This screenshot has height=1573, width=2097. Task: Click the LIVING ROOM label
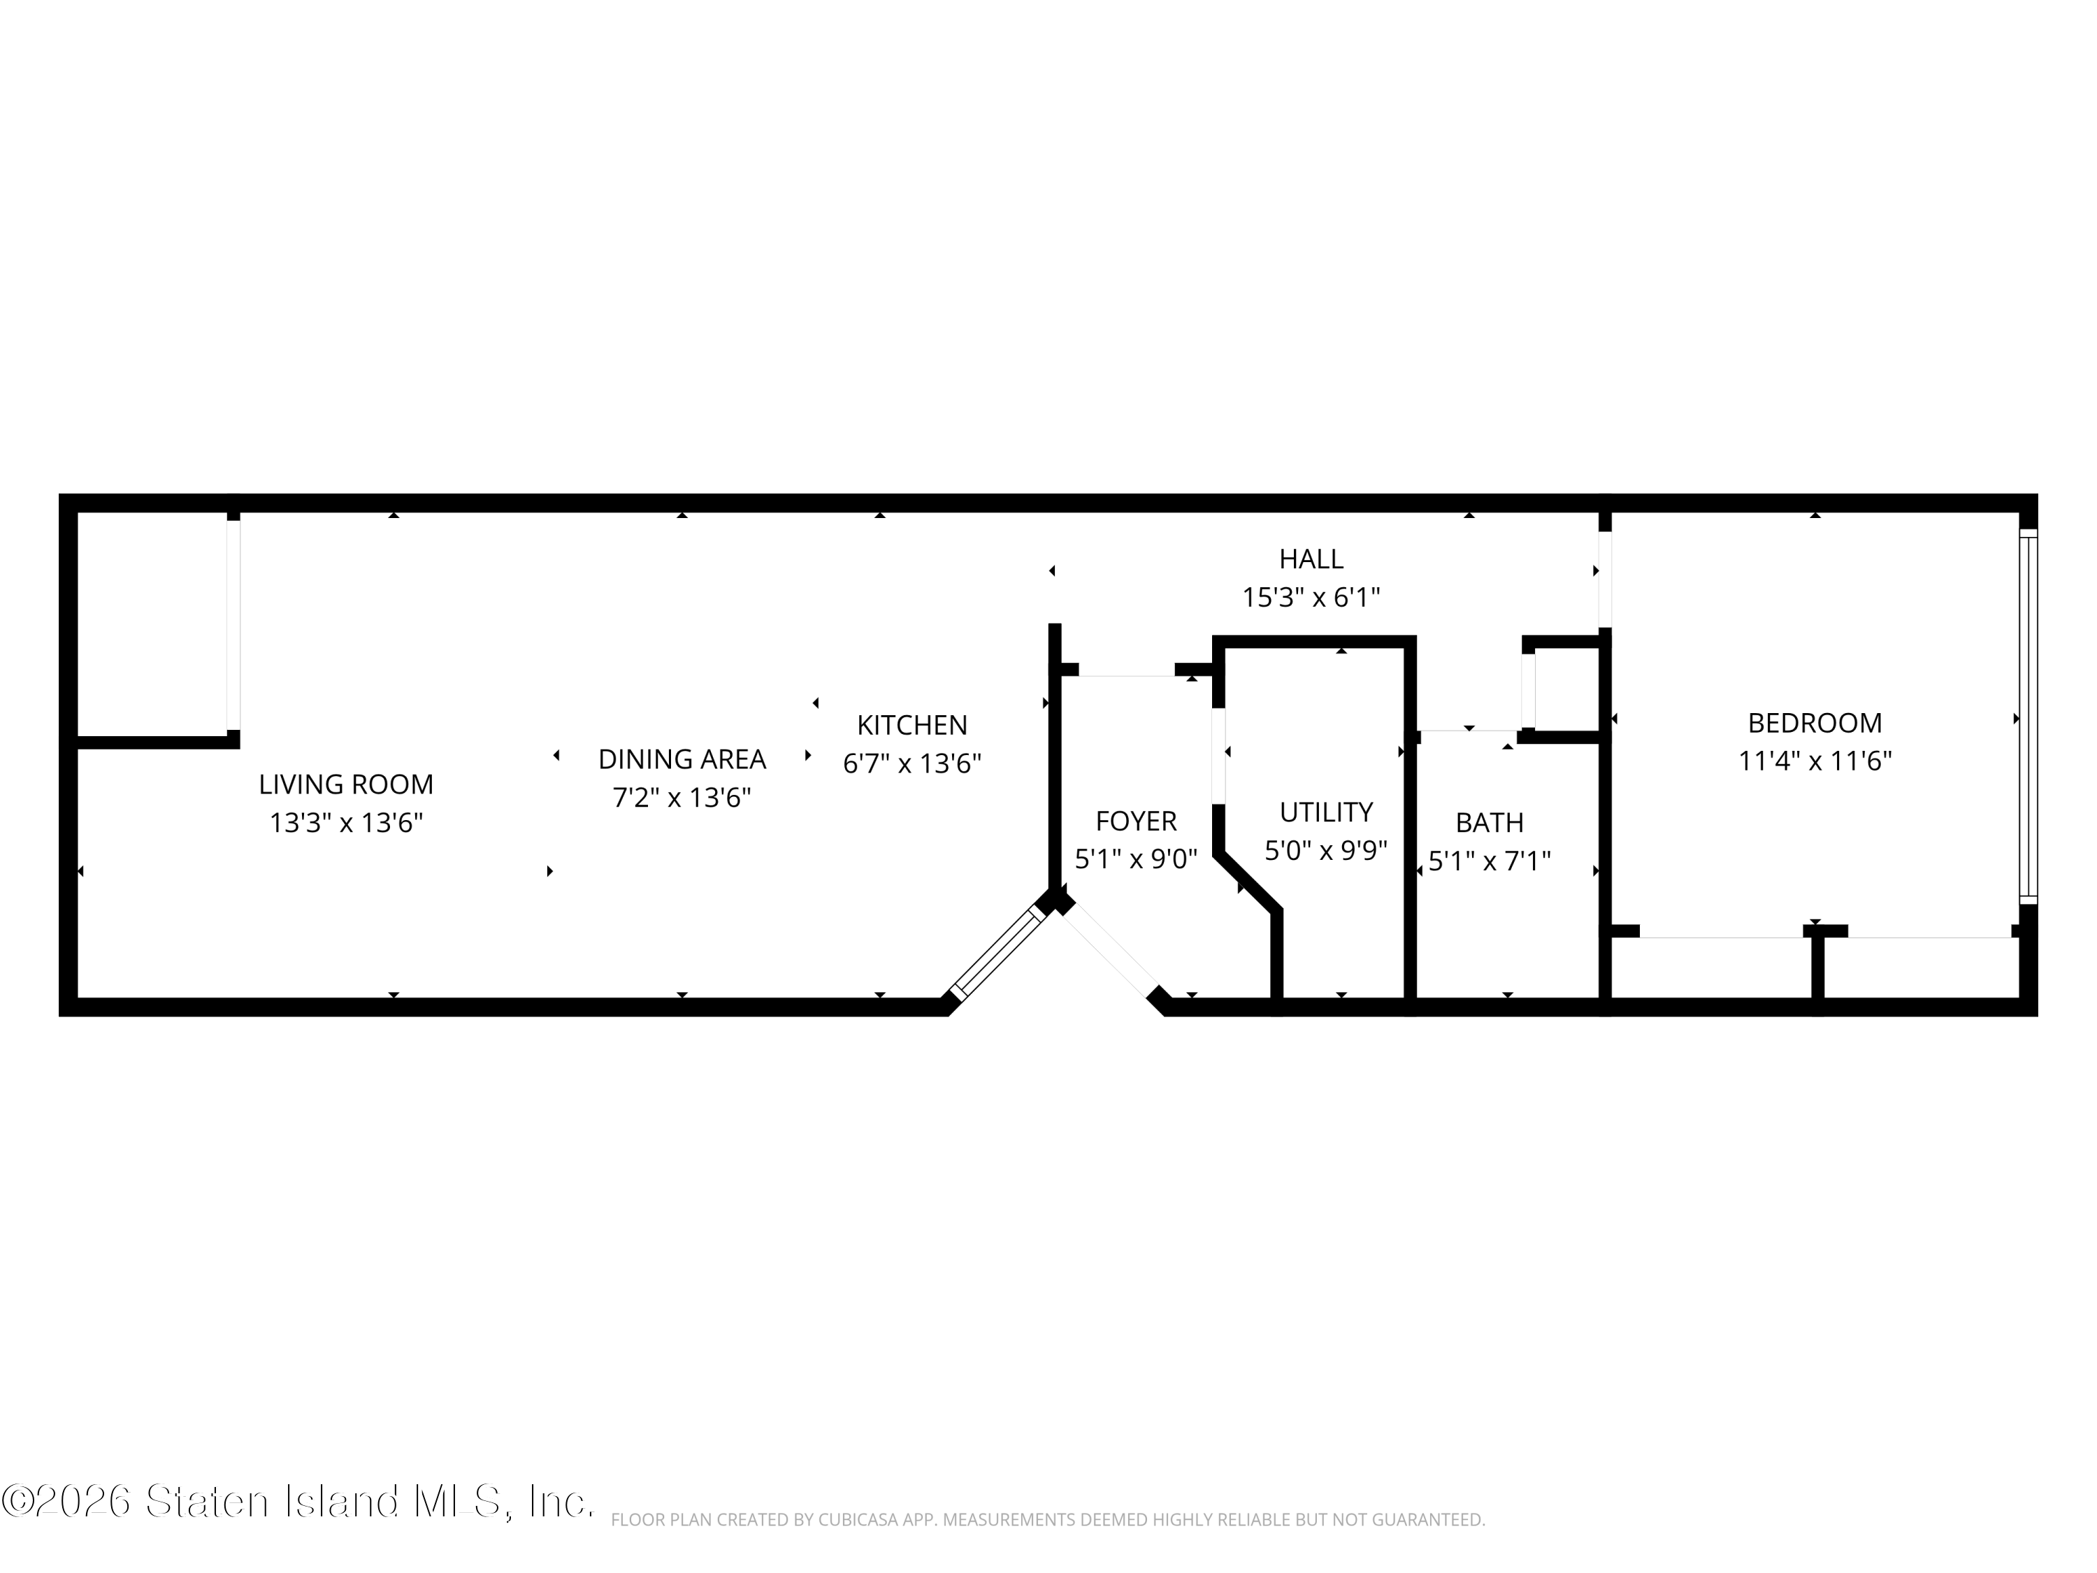(346, 784)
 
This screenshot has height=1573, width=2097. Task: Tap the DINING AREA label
(682, 759)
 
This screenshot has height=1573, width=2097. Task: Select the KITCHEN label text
(912, 726)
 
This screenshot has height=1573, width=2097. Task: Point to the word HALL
(1311, 559)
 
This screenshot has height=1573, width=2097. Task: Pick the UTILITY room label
(1326, 812)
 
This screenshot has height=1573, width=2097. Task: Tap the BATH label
(1490, 822)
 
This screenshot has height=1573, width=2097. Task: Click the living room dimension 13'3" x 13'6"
(346, 822)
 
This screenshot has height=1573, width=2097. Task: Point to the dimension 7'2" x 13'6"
(682, 798)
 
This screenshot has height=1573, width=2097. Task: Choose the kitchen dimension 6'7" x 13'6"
(912, 763)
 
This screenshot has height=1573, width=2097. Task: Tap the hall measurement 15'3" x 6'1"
(1311, 597)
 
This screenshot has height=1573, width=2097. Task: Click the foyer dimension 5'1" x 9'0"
(1136, 859)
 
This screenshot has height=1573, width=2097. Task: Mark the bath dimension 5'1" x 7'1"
(1490, 861)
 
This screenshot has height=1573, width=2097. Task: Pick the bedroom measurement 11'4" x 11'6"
(1815, 761)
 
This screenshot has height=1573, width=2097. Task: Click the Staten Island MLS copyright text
(298, 1502)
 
